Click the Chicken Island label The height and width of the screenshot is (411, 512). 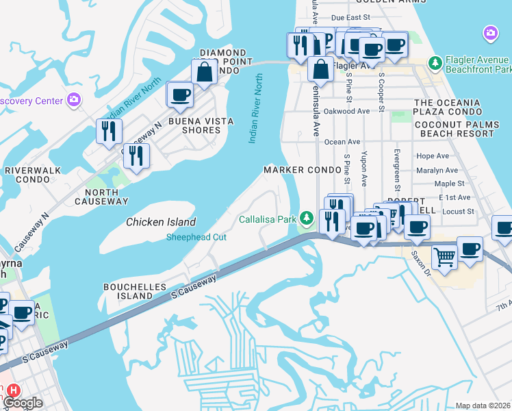pyautogui.click(x=161, y=222)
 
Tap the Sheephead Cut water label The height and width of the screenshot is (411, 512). pyautogui.click(x=196, y=237)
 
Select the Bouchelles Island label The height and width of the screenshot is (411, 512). pyautogui.click(x=127, y=290)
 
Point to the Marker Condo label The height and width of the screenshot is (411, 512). pyautogui.click(x=303, y=169)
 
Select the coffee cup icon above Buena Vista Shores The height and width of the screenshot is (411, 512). pyautogui.click(x=181, y=95)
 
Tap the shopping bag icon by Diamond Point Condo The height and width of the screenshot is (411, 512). pyautogui.click(x=205, y=71)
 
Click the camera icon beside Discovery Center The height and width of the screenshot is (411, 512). pyautogui.click(x=74, y=101)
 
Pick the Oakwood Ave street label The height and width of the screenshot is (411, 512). pyautogui.click(x=346, y=111)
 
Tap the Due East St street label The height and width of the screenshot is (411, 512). pyautogui.click(x=350, y=17)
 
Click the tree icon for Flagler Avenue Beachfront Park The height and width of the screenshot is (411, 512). pyautogui.click(x=435, y=63)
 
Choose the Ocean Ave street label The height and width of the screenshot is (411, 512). pyautogui.click(x=342, y=142)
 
